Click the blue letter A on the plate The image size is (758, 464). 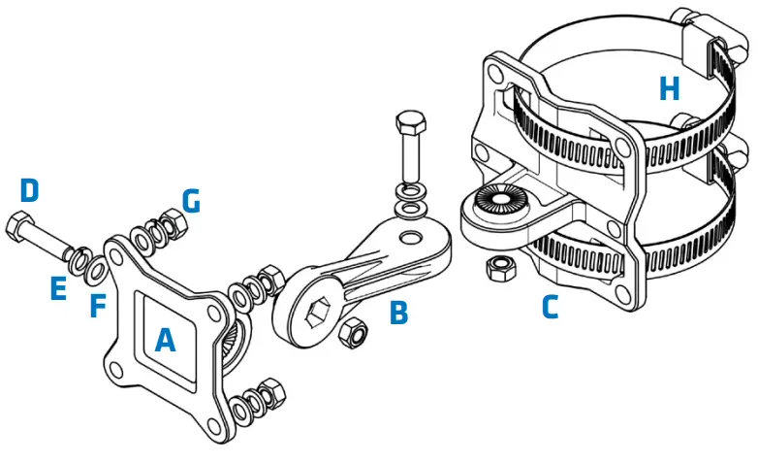[x=166, y=340]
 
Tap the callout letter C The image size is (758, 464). [x=550, y=307]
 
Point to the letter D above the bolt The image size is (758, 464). [x=30, y=190]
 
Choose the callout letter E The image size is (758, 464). [x=59, y=288]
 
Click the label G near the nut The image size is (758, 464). [x=191, y=201]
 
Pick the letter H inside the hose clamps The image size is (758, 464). [x=669, y=89]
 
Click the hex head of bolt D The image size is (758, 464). [x=20, y=229]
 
